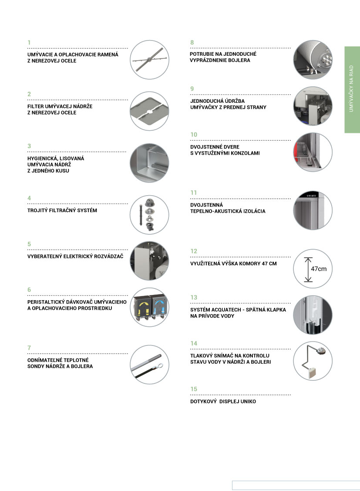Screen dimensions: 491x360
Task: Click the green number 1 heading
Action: tap(29, 43)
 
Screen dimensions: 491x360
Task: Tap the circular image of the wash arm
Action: tap(149, 60)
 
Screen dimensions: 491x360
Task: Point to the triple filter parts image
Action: tap(149, 215)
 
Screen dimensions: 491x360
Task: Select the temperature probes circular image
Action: tap(149, 365)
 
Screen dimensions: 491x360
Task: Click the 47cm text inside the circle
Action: tap(319, 269)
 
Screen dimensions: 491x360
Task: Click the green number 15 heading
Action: tap(194, 389)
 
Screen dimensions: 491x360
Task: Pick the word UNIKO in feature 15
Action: tap(247, 401)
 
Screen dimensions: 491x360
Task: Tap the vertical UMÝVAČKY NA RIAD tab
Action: tap(352, 89)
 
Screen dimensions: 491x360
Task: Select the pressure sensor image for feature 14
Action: tap(313, 361)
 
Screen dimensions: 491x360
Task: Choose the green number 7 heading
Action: tap(29, 348)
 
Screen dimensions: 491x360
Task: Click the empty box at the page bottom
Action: tap(296, 485)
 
